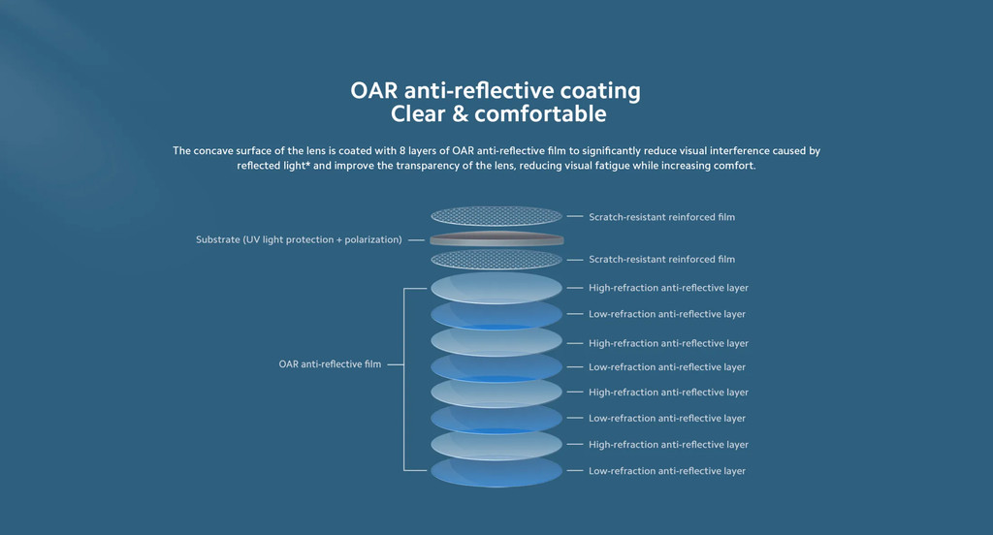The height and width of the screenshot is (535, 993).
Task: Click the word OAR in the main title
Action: [x=373, y=90]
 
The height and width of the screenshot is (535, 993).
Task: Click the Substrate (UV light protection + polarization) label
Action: [x=299, y=240]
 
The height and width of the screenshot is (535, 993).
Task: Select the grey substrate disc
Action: [x=496, y=239]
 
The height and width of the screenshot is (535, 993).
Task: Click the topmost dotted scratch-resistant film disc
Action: [x=496, y=216]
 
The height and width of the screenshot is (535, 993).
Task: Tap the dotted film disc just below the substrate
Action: [x=496, y=259]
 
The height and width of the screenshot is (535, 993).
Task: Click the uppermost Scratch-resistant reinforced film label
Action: [x=661, y=217]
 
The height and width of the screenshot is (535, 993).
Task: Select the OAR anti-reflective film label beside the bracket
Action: [x=330, y=364]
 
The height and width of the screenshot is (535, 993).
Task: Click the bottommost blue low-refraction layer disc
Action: [x=496, y=472]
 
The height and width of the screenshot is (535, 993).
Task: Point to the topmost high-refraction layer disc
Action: [x=496, y=288]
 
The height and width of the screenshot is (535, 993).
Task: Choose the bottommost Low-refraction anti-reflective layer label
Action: [x=667, y=471]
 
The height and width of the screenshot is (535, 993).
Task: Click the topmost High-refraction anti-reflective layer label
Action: [x=668, y=288]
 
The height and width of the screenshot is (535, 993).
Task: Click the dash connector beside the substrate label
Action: [x=416, y=240]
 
